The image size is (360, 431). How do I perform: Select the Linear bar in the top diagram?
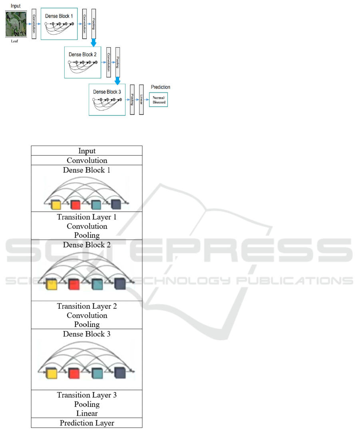tap(141, 99)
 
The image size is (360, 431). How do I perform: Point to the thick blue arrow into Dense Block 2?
tap(93, 42)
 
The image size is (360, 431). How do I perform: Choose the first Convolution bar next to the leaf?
tap(34, 24)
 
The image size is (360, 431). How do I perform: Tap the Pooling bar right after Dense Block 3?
tap(132, 99)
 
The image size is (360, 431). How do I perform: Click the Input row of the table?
tap(87, 151)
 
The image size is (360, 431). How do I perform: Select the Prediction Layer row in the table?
tap(87, 423)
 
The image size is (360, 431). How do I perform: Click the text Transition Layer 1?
tap(87, 217)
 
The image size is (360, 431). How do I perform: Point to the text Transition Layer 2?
tap(87, 306)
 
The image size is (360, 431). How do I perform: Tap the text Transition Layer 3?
tap(87, 395)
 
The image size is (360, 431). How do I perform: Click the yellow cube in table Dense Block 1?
tap(56, 205)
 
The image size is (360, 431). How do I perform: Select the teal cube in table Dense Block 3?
tap(96, 373)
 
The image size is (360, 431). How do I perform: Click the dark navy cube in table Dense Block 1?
tap(116, 205)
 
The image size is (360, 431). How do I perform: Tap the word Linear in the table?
tap(87, 413)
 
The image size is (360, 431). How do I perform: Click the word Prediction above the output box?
tap(160, 87)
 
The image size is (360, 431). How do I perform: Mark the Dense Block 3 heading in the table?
tap(87, 334)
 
